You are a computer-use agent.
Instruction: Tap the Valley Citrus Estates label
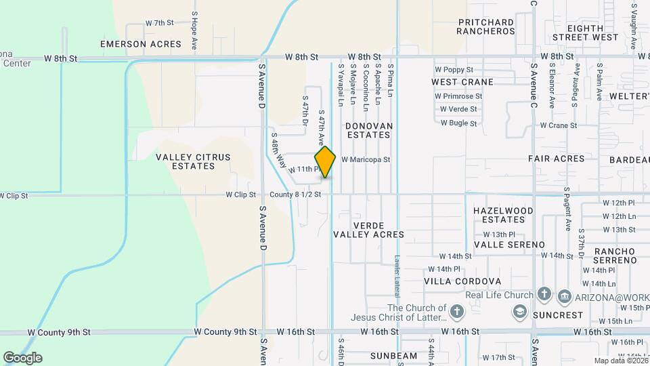tap(193, 161)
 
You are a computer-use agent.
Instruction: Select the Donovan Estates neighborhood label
tap(368, 130)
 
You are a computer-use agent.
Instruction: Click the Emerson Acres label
tap(141, 44)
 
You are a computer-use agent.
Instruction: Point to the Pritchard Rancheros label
tap(486, 26)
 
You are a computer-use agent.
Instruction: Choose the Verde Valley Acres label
tap(368, 230)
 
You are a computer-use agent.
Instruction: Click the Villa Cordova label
tap(462, 281)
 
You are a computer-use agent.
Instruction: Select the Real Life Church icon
tap(544, 295)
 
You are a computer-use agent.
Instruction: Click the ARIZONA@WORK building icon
tap(564, 296)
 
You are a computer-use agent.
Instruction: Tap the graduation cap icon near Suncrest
tap(520, 312)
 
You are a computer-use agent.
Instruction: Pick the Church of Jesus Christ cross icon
tap(458, 312)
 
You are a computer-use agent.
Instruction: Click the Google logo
tap(22, 357)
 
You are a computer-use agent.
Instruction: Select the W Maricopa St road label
tap(366, 160)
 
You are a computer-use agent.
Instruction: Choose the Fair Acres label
tap(556, 159)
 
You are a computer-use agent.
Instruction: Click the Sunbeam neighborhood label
tap(393, 356)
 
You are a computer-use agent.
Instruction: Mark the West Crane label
tap(462, 82)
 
